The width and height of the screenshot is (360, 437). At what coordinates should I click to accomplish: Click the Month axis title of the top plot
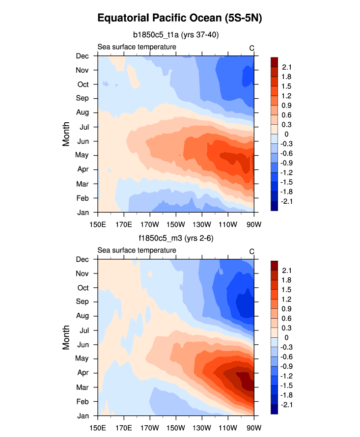pos(66,134)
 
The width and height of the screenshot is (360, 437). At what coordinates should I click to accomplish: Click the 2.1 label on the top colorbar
pos(287,67)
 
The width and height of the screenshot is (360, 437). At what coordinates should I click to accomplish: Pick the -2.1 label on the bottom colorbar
pos(286,405)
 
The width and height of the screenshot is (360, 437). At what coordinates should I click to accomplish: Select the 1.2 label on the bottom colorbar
pos(287,300)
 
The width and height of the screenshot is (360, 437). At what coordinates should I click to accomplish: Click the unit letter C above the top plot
pos(251,48)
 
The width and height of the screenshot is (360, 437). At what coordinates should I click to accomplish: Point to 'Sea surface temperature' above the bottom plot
pos(137,250)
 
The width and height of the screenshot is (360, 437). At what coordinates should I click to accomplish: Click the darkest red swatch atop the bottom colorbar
pos(274,265)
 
